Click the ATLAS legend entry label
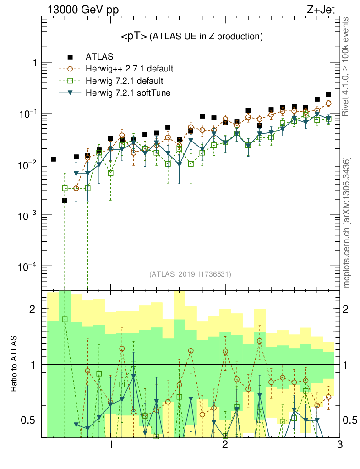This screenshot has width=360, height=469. click(x=96, y=57)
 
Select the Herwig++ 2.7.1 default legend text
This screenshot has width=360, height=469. click(x=129, y=69)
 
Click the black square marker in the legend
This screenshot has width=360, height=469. click(x=70, y=57)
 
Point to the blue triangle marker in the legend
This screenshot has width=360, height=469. click(x=70, y=93)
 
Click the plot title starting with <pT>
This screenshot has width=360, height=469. click(x=191, y=36)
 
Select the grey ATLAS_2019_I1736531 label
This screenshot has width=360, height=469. click(x=190, y=274)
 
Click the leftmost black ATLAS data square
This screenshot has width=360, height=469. click(x=53, y=159)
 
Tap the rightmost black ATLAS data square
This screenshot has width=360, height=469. click(x=328, y=94)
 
